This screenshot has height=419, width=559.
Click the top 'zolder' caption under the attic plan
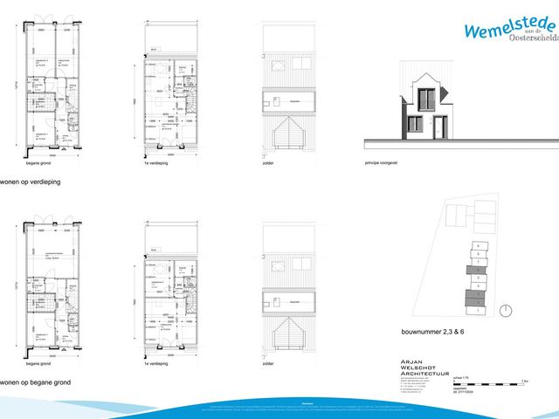[268, 161]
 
